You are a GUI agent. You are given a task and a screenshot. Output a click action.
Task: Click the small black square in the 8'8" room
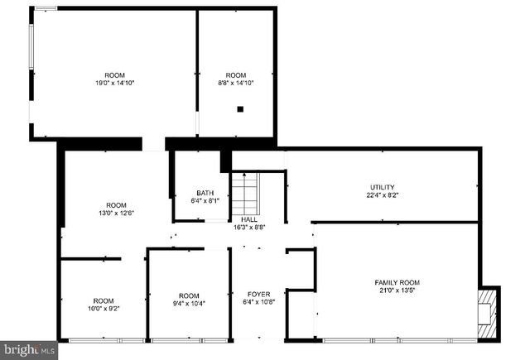tap(240, 108)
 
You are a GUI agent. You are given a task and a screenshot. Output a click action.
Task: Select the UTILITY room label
tap(382, 187)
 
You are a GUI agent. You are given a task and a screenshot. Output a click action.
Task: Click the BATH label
tap(205, 193)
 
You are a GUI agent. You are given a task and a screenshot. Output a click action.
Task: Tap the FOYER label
tap(259, 294)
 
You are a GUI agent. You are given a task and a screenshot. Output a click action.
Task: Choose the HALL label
tap(259, 219)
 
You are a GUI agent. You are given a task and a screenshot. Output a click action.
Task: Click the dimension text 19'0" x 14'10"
tap(114, 83)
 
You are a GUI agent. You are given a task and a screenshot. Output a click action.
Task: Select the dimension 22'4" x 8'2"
tap(382, 195)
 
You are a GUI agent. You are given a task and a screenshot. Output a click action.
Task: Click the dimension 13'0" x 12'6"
tap(116, 214)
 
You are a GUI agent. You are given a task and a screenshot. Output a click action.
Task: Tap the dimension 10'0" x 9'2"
tap(104, 309)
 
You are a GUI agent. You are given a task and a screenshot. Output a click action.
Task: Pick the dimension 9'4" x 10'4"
tap(189, 305)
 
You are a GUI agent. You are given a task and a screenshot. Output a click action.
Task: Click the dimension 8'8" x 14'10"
tap(236, 83)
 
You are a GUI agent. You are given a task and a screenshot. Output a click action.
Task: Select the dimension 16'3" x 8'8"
tap(259, 227)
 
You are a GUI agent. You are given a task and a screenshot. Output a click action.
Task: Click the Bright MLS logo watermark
tap(28, 350)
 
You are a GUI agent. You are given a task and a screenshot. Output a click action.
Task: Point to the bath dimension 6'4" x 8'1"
tap(205, 200)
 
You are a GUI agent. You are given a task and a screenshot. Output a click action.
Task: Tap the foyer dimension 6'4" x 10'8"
tap(259, 302)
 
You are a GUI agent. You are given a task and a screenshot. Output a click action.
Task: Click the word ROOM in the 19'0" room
tap(114, 75)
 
